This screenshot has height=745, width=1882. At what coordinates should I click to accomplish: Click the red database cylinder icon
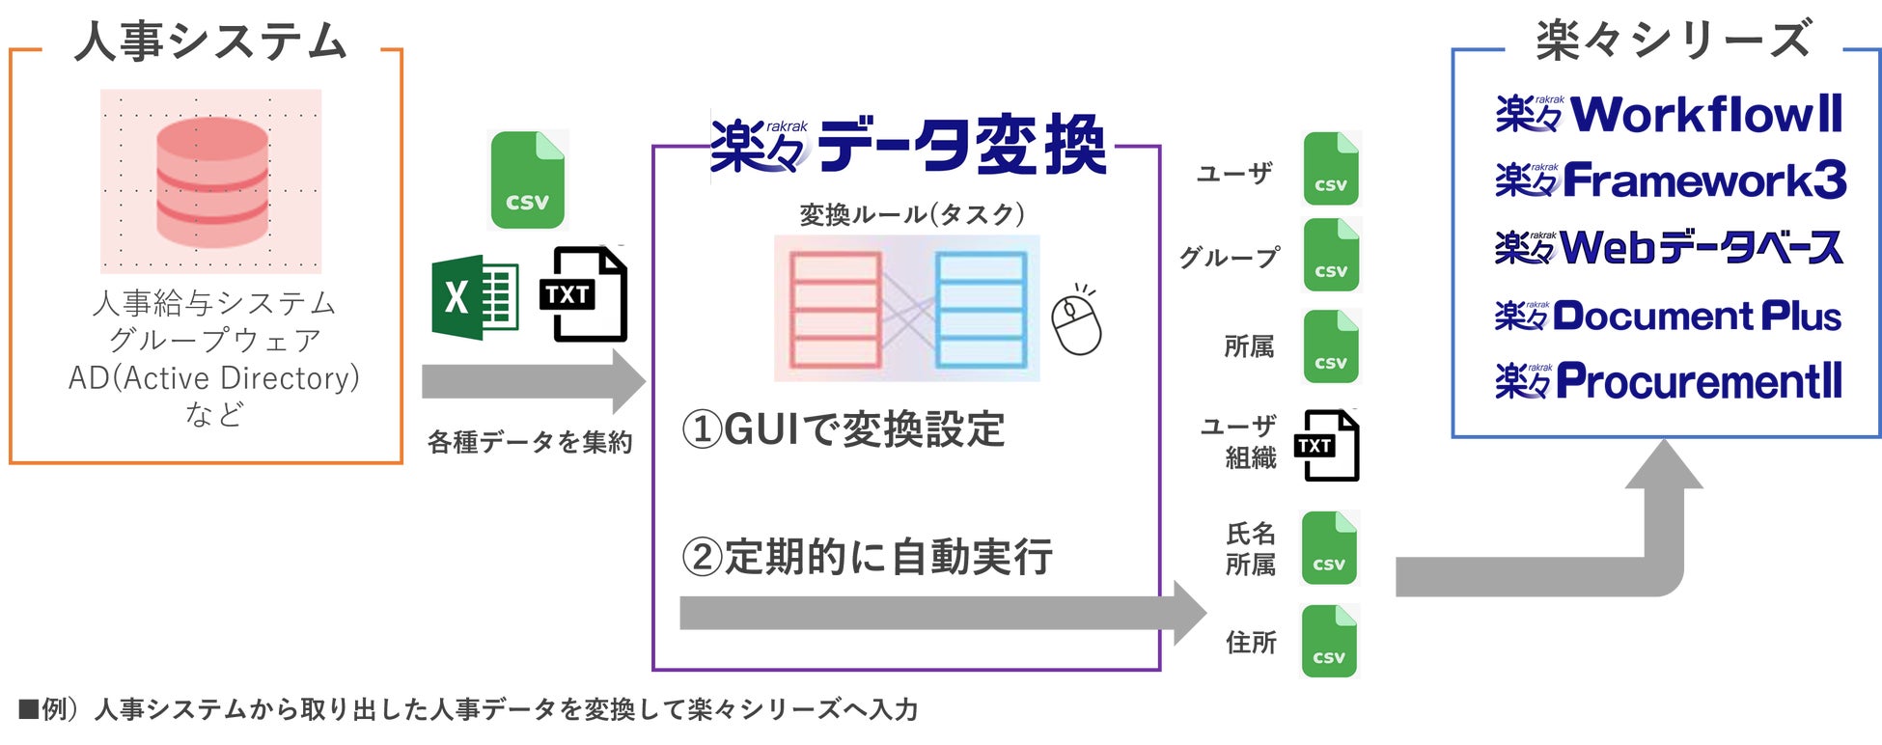point(211,181)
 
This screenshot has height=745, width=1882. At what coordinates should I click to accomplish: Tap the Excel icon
point(474,297)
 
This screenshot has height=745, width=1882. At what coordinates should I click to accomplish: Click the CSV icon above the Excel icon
point(527,180)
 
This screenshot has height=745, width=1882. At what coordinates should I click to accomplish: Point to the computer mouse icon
point(1076,321)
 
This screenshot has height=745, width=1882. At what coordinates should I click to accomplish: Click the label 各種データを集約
point(530,442)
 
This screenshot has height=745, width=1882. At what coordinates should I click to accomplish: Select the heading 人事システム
point(210,42)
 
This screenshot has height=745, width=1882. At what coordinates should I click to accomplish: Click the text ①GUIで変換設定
point(844,429)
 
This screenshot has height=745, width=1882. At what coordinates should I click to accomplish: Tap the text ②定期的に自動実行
point(867,557)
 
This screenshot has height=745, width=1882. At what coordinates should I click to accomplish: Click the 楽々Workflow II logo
point(1669,115)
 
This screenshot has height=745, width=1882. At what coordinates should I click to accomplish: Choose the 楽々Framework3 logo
point(1671,180)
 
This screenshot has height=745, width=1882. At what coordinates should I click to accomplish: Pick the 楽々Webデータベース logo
point(1669,248)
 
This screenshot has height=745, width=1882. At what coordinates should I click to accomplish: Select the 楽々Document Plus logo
point(1668,316)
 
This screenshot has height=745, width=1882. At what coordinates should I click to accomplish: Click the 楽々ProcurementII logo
point(1669,381)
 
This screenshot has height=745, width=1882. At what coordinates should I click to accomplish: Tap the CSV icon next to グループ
point(1331,256)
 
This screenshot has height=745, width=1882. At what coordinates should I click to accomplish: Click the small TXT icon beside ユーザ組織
point(1329,445)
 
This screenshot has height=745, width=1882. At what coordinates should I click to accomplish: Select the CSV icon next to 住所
point(1329,642)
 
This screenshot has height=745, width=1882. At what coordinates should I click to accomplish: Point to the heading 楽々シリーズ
point(1674,41)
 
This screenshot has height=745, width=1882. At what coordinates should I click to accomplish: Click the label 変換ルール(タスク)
point(912,214)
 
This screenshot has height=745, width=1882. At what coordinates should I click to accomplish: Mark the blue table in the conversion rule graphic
point(981,309)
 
